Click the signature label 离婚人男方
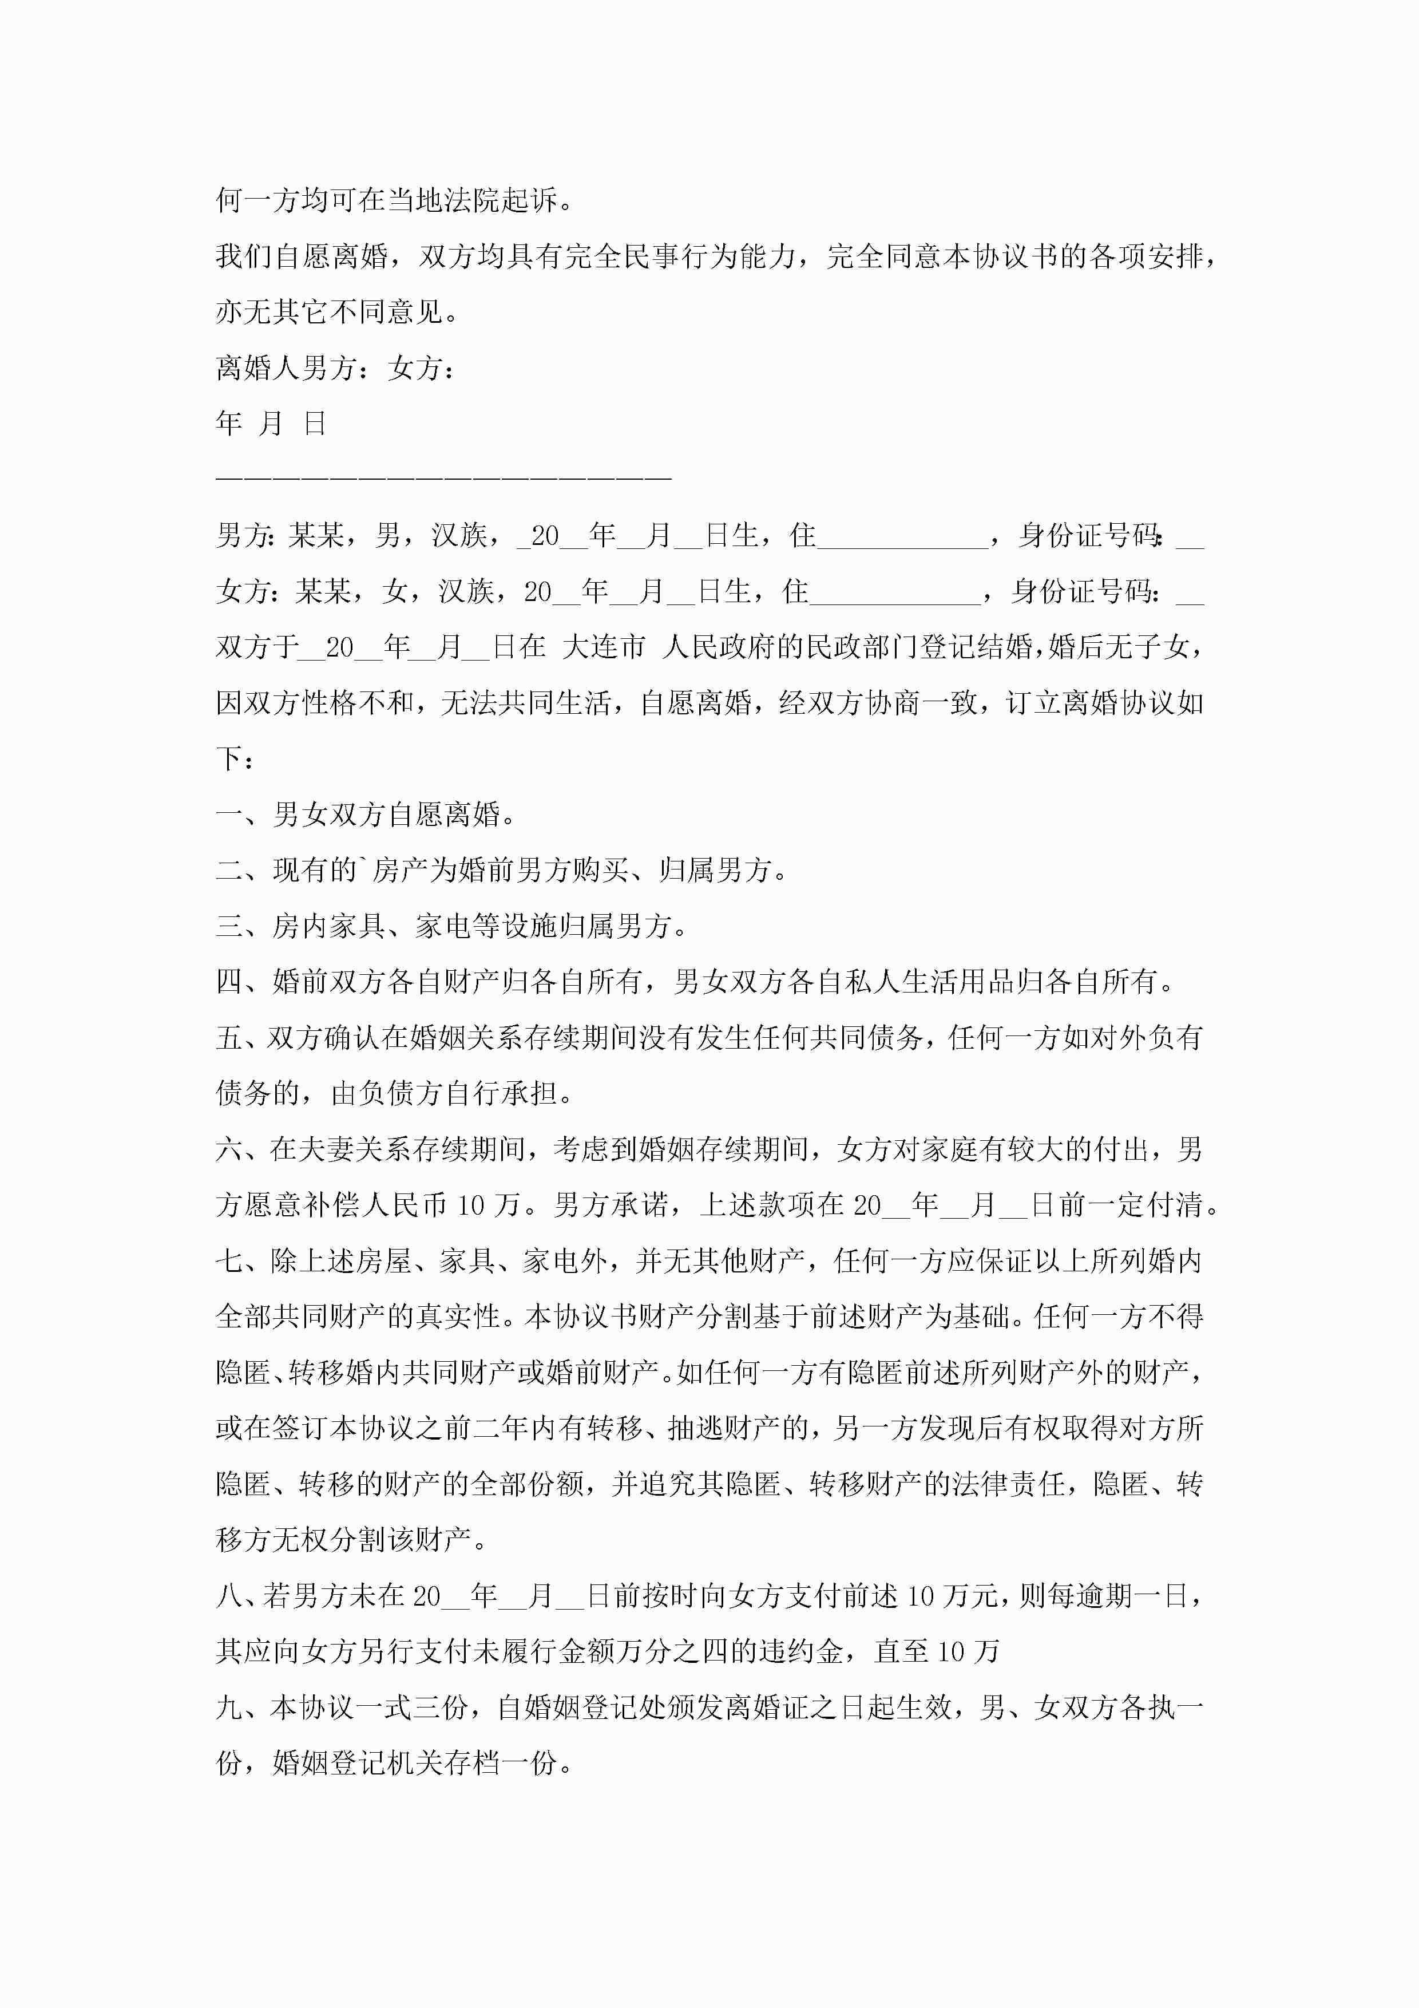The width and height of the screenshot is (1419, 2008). click(x=286, y=368)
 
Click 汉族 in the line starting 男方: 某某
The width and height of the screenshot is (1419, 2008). click(x=459, y=535)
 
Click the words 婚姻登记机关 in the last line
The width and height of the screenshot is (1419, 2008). click(x=358, y=1763)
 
